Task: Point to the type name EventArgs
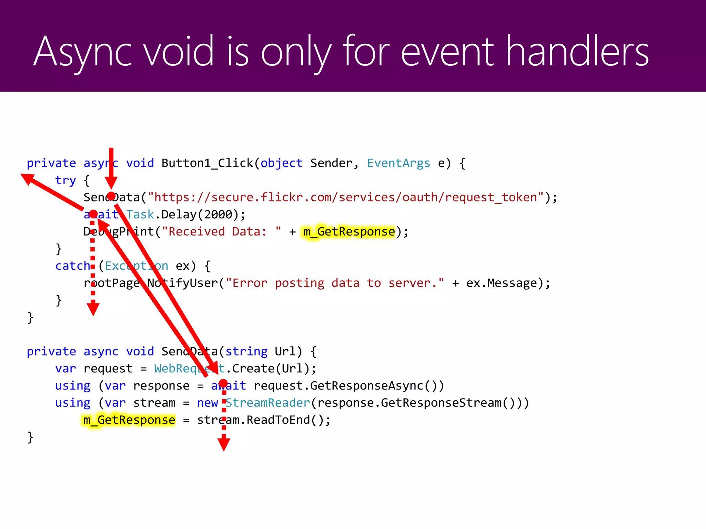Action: pyautogui.click(x=399, y=163)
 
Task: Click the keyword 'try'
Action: pyautogui.click(x=65, y=180)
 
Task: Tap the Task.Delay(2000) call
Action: pyautogui.click(x=186, y=215)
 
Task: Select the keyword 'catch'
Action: pyautogui.click(x=72, y=266)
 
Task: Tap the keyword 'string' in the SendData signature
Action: pyautogui.click(x=246, y=352)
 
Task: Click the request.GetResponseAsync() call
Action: pyautogui.click(x=348, y=386)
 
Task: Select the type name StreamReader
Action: pyautogui.click(x=268, y=403)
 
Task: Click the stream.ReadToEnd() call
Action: pyautogui.click(x=264, y=420)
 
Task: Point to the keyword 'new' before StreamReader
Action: pyautogui.click(x=207, y=403)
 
